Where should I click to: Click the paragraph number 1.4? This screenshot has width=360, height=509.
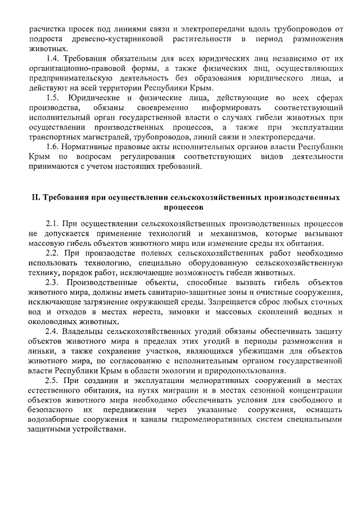point(55,58)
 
